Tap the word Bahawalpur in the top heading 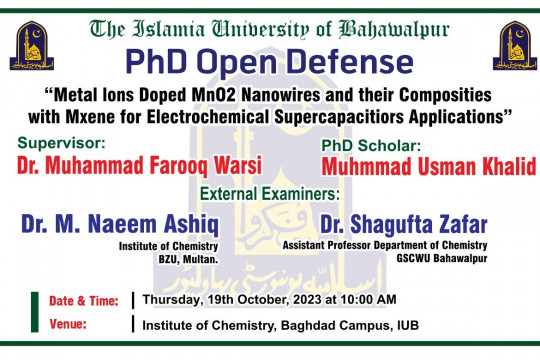394,28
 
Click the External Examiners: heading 270,191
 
